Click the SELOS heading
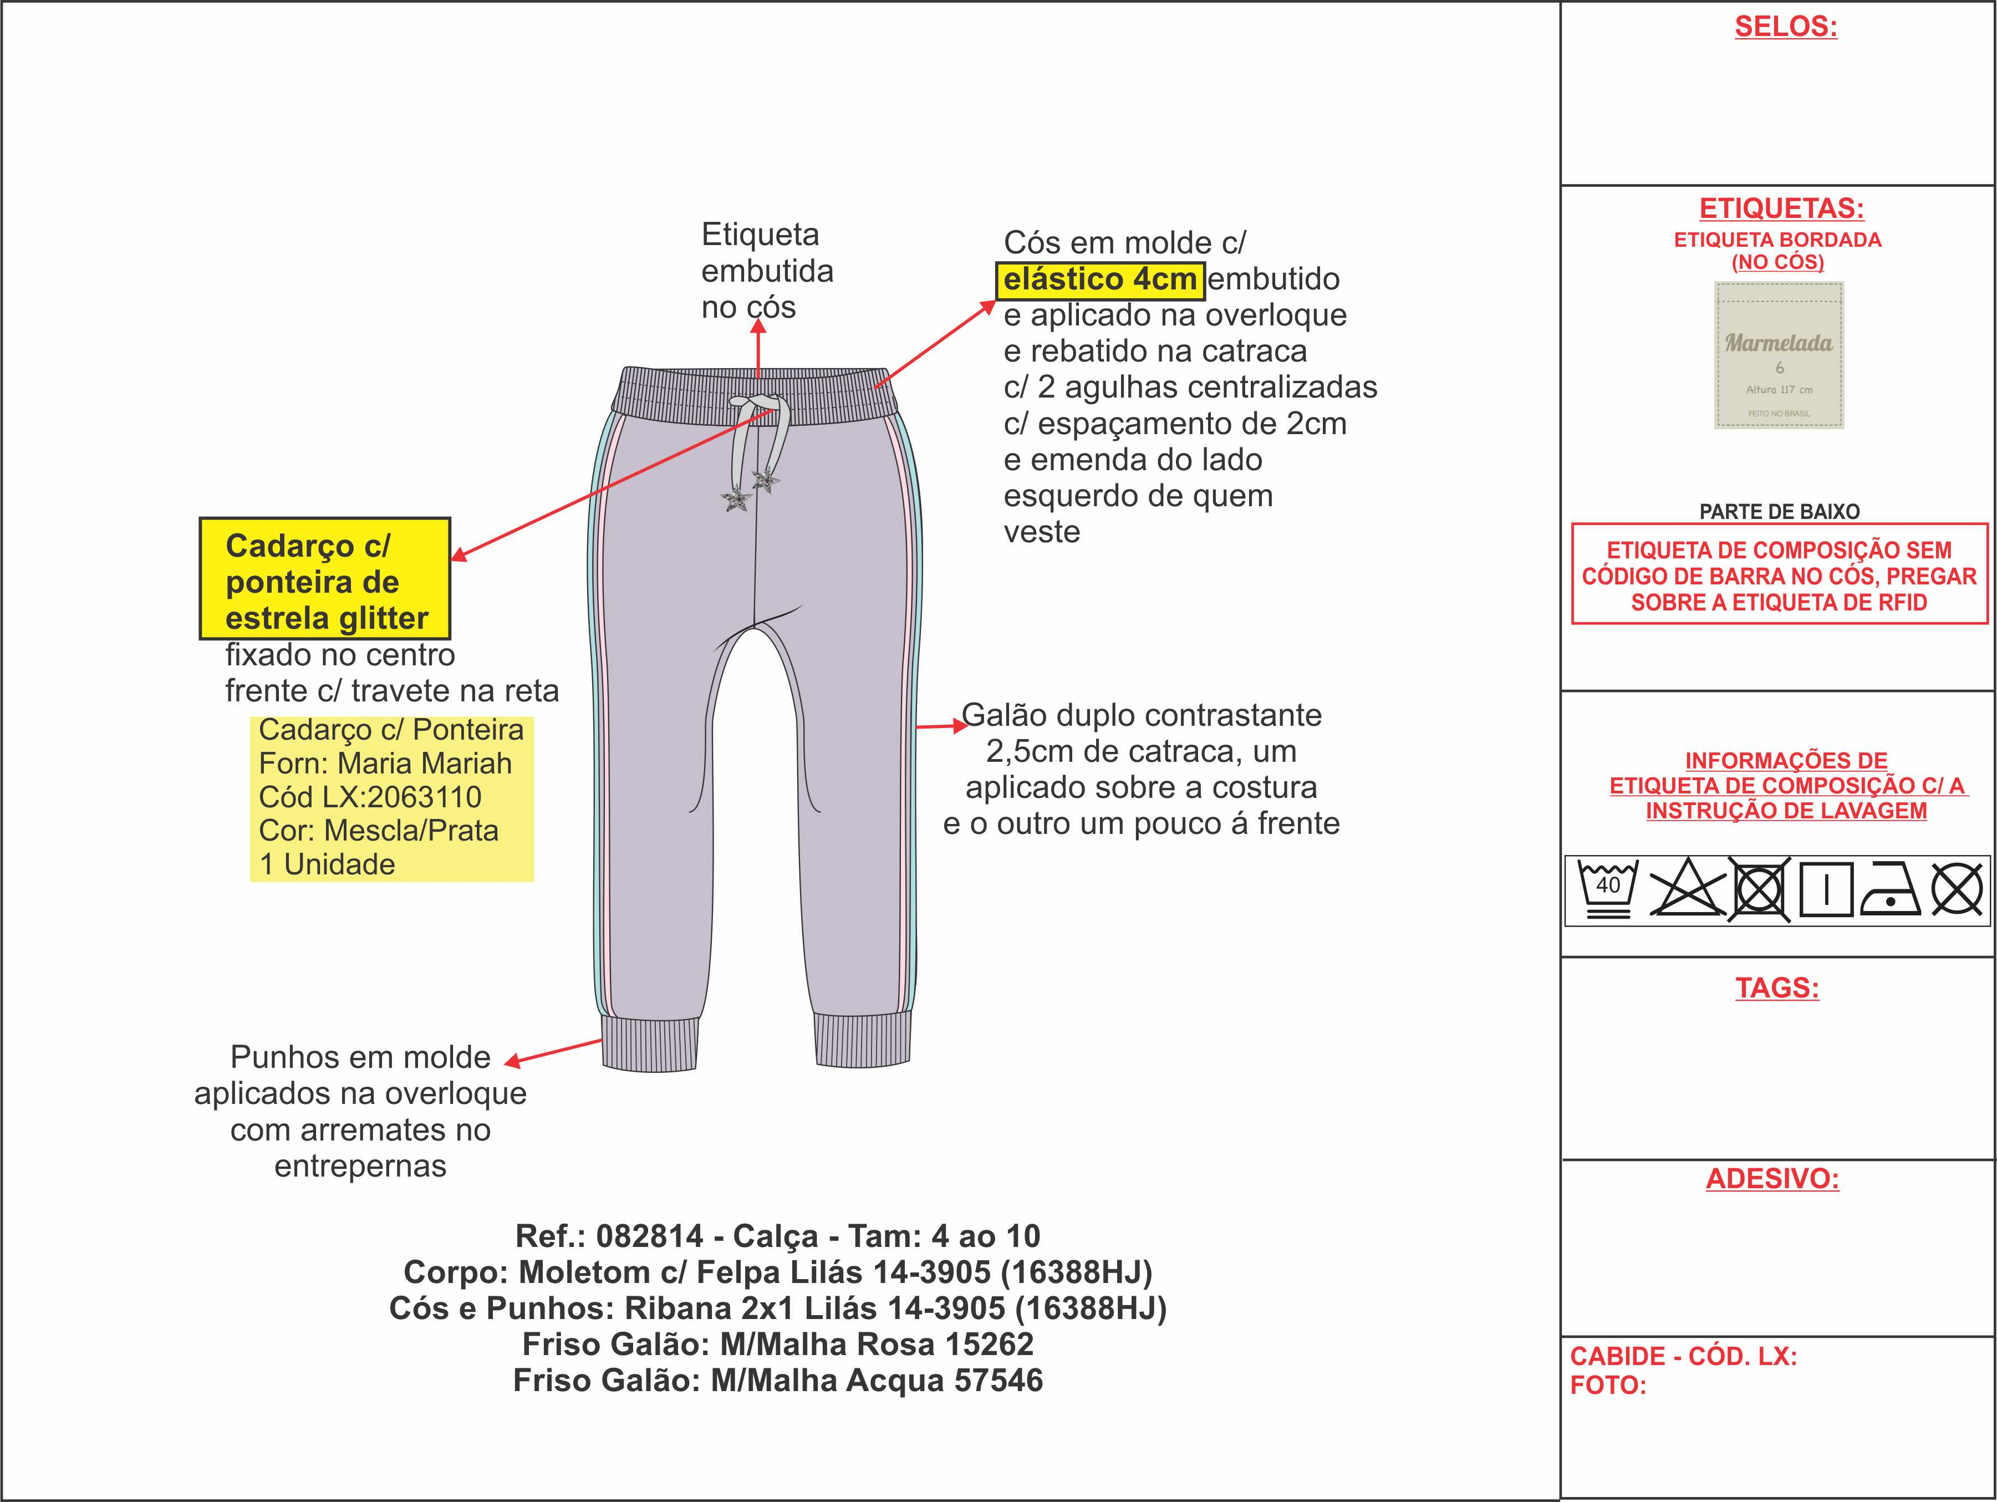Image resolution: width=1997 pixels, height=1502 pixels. (1785, 27)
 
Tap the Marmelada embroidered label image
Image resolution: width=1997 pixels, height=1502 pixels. (1779, 355)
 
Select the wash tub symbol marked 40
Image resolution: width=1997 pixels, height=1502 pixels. (1607, 889)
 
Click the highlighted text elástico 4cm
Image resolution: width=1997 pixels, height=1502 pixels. (1099, 280)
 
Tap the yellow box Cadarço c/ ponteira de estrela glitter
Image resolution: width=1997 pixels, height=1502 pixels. (325, 579)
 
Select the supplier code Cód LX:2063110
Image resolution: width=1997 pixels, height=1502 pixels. (370, 797)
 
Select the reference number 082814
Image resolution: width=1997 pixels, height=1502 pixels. (649, 1236)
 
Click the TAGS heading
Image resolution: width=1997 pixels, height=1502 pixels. (1776, 987)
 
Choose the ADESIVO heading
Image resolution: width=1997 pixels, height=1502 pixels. (1771, 1178)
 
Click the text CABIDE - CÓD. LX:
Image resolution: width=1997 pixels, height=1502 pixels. (1683, 1356)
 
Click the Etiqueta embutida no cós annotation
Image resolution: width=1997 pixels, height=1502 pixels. (767, 271)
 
